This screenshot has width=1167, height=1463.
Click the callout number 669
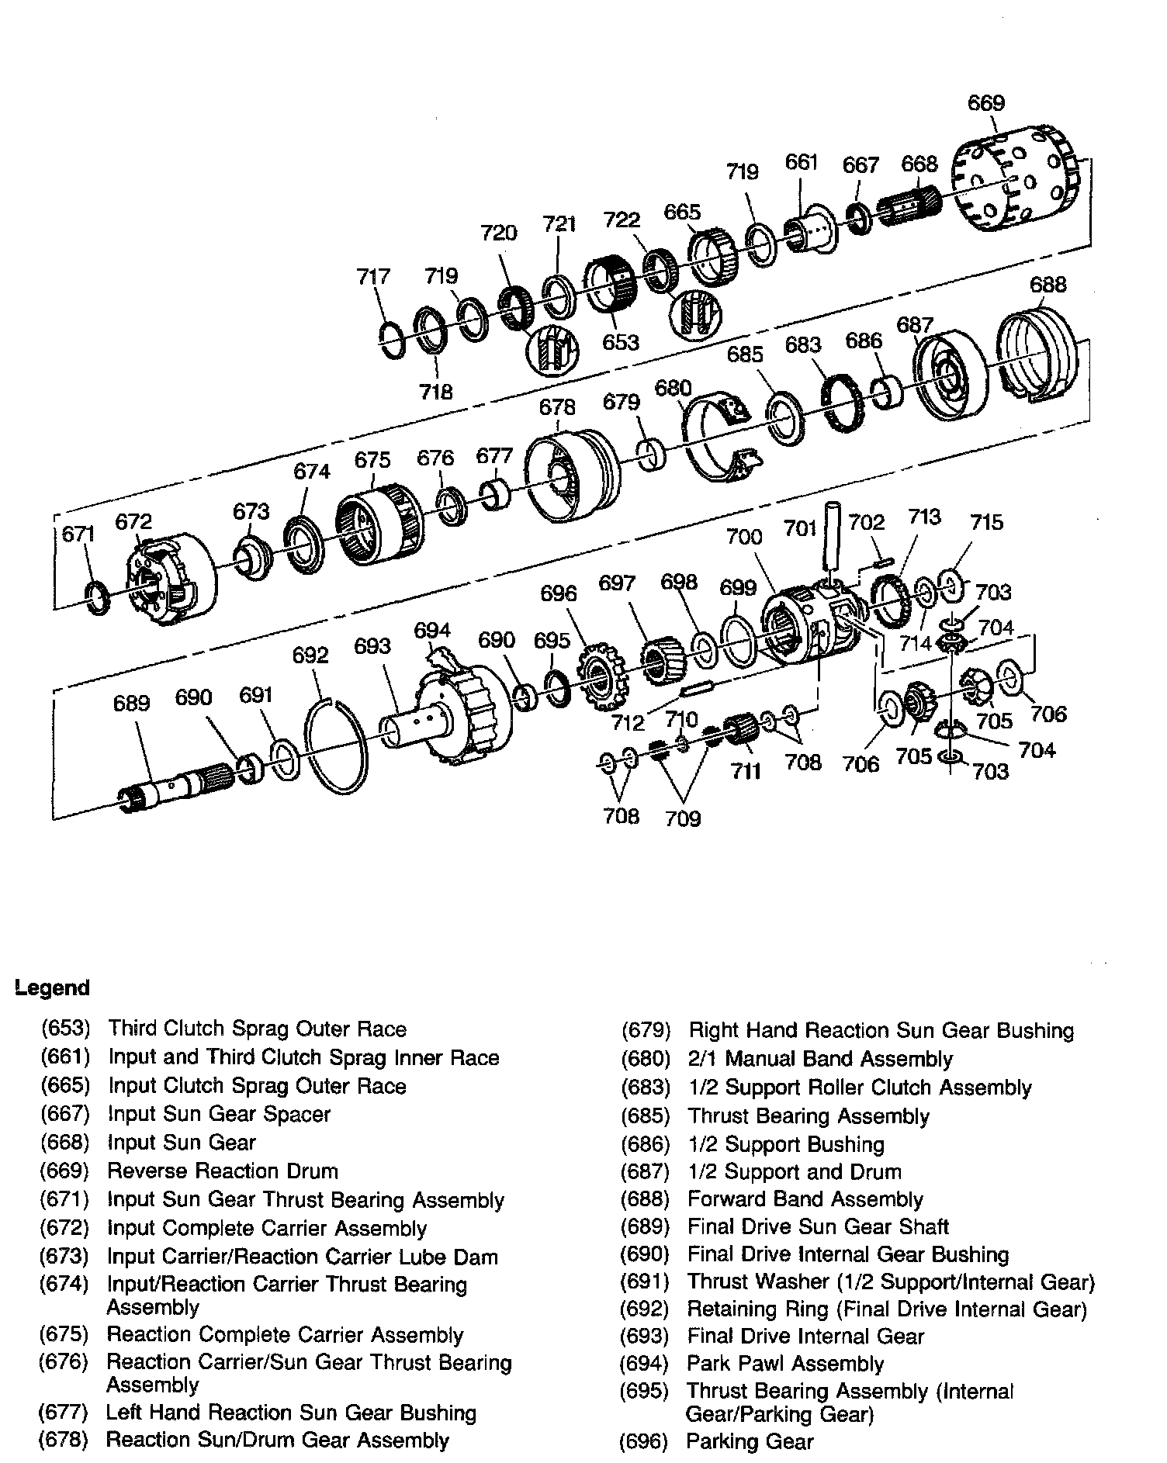coord(986,103)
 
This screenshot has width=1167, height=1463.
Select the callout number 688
coord(1048,285)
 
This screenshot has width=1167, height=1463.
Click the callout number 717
coord(373,276)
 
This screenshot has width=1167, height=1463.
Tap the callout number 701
coord(800,528)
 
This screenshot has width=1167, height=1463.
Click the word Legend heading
coord(52,988)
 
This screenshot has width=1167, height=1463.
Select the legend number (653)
coord(65,1029)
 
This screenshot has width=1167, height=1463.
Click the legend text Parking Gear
coord(750,1442)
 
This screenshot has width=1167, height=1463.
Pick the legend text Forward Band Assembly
coord(805,1200)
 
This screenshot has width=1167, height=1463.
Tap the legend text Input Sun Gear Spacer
coord(219,1115)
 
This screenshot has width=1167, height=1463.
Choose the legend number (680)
coord(645,1059)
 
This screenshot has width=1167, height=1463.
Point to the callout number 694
coord(432,630)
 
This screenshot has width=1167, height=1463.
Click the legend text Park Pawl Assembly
coord(785,1364)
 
